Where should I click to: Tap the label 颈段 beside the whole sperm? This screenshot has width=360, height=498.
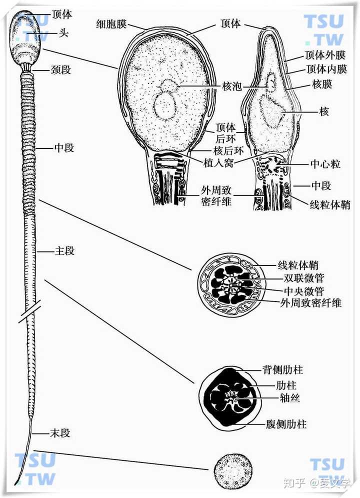(x=60, y=69)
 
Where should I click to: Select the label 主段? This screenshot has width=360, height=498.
(x=64, y=251)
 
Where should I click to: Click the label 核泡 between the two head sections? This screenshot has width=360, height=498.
(x=230, y=86)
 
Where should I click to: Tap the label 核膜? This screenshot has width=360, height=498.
(x=322, y=84)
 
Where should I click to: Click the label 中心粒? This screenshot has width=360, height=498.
(x=325, y=163)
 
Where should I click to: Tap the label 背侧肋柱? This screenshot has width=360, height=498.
(x=283, y=370)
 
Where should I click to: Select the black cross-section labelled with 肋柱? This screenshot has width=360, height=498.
(x=229, y=397)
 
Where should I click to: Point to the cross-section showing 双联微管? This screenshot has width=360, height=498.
(x=229, y=284)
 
